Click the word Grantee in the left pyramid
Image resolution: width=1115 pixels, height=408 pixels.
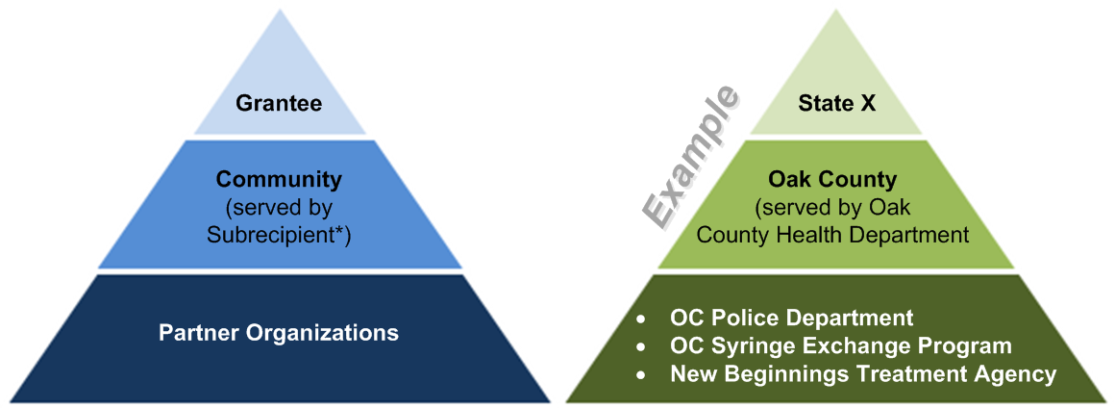click(x=279, y=103)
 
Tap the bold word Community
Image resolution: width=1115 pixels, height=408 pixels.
click(x=279, y=179)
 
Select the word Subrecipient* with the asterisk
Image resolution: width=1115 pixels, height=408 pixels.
click(x=279, y=233)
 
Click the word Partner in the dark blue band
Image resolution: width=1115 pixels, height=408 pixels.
click(x=201, y=333)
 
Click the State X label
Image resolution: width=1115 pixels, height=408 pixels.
click(x=836, y=103)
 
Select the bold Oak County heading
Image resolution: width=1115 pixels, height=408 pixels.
click(x=832, y=179)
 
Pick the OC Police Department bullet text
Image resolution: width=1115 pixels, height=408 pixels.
click(x=791, y=318)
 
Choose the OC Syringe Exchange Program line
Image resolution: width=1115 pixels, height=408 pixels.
click(x=841, y=345)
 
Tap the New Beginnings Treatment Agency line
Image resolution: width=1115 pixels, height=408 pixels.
click(x=863, y=373)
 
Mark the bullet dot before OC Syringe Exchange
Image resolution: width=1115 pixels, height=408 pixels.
click(x=641, y=346)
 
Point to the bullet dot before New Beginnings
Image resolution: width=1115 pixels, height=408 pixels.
click(x=641, y=374)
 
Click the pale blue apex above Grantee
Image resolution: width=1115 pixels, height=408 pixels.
click(x=279, y=53)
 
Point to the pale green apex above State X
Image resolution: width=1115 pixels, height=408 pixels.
click(x=836, y=53)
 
